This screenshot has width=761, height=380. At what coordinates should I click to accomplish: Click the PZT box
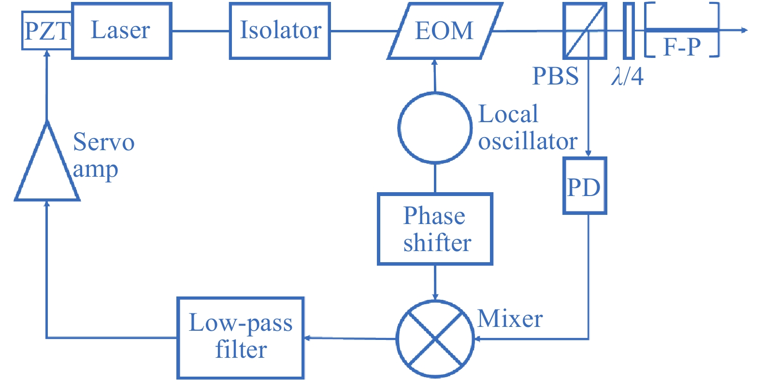tap(47, 31)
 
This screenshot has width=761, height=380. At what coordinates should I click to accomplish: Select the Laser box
tap(122, 31)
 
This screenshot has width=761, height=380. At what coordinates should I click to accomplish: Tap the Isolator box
tap(280, 31)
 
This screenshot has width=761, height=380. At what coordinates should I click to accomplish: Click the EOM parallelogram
tap(445, 31)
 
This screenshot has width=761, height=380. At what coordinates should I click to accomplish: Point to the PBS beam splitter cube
tap(585, 31)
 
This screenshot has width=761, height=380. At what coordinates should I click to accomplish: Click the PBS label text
tap(555, 76)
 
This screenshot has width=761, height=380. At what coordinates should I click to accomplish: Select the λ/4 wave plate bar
tap(629, 31)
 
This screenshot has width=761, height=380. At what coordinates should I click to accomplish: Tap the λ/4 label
tap(627, 76)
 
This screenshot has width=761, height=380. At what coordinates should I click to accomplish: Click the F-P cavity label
tap(682, 47)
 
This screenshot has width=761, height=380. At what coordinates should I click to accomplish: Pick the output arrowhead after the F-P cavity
tap(745, 30)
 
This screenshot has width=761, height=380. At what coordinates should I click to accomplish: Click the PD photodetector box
tap(585, 186)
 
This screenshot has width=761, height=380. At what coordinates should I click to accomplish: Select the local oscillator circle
tap(435, 127)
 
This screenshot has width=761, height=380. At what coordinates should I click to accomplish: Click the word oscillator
tap(528, 141)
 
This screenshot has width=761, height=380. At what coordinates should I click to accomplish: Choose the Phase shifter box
tap(435, 229)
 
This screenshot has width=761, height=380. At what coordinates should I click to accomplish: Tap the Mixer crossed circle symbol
tap(435, 338)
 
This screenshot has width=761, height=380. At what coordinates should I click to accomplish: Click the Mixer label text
tap(510, 319)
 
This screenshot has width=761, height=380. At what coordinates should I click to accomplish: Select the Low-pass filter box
tap(241, 338)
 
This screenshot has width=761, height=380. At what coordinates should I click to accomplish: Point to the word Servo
tap(103, 142)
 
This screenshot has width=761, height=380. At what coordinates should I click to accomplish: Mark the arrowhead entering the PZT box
tap(47, 54)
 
